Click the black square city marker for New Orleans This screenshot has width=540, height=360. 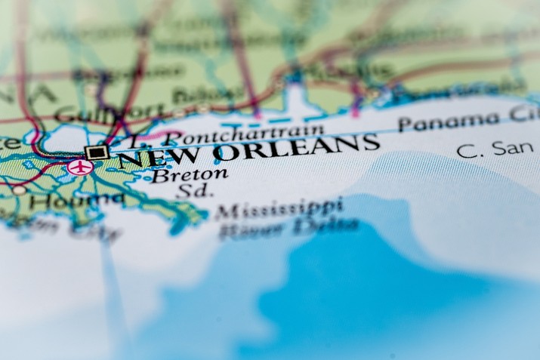pyautogui.click(x=96, y=152)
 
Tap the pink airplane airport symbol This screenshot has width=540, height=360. pyautogui.click(x=79, y=167)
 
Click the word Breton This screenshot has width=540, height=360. pyautogui.click(x=189, y=175)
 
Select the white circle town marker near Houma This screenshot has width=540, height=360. pyautogui.click(x=19, y=190)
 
